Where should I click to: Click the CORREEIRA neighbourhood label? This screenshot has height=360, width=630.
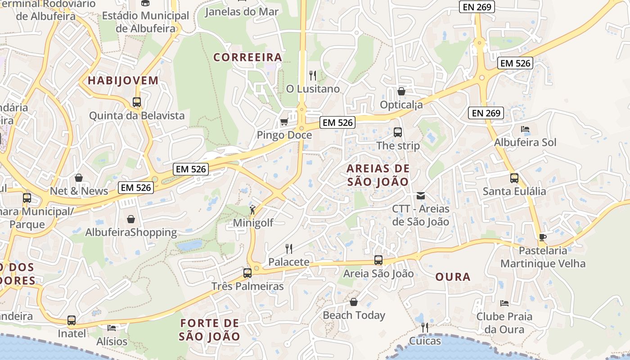click(247, 57)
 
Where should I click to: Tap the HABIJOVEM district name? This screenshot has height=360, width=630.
click(123, 81)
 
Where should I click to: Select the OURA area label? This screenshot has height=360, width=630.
click(453, 277)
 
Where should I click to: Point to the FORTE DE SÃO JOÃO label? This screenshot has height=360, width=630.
click(210, 329)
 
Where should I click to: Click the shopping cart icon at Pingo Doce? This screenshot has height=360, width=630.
click(284, 121)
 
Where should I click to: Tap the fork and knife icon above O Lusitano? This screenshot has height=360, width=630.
click(313, 75)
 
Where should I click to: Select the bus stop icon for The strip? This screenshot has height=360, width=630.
click(398, 132)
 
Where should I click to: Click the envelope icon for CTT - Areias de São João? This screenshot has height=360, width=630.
click(420, 196)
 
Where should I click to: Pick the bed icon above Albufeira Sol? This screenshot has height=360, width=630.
click(525, 129)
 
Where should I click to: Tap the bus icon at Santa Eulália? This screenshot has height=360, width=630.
click(514, 178)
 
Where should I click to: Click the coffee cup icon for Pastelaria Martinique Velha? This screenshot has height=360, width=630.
click(543, 237)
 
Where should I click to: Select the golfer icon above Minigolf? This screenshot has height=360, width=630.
click(253, 209)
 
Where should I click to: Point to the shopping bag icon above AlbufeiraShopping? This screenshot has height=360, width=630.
click(131, 219)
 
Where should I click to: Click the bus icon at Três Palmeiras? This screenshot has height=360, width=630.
click(247, 273)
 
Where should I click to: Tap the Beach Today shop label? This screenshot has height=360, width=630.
click(354, 315)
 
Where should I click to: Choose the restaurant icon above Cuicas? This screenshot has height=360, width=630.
click(425, 327)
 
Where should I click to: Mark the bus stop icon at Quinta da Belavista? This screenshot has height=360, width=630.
click(137, 102)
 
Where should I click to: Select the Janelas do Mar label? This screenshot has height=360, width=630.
click(242, 12)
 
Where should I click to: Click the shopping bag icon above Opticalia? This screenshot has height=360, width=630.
click(401, 91)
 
